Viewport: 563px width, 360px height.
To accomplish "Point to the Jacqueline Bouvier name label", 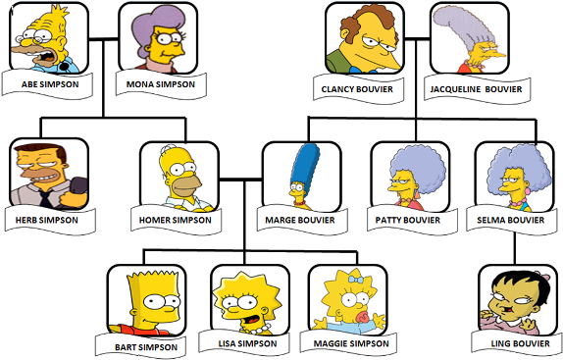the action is (476, 88).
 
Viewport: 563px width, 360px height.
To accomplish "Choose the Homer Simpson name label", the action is (179, 220).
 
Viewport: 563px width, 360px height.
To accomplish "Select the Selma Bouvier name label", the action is (510, 220).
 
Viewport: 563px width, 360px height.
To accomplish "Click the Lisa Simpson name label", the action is (242, 343).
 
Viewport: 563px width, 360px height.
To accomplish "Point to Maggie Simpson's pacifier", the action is (354, 321).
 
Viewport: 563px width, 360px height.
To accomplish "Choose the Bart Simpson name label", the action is (144, 346).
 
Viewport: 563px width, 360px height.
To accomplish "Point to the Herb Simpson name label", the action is (50, 220).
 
